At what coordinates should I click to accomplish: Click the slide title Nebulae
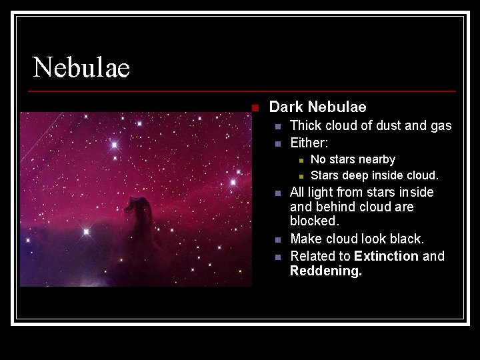(81, 67)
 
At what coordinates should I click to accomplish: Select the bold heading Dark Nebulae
(317, 107)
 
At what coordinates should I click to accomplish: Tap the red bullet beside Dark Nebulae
(254, 107)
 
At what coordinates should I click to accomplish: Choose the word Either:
(309, 143)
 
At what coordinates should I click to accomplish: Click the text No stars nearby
(353, 159)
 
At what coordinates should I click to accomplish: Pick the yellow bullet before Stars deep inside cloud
(301, 176)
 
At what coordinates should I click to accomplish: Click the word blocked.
(314, 221)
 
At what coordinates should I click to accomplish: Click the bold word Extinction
(386, 256)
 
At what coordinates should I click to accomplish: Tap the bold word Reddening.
(326, 271)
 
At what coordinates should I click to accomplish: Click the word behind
(337, 207)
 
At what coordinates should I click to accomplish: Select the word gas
(441, 125)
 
